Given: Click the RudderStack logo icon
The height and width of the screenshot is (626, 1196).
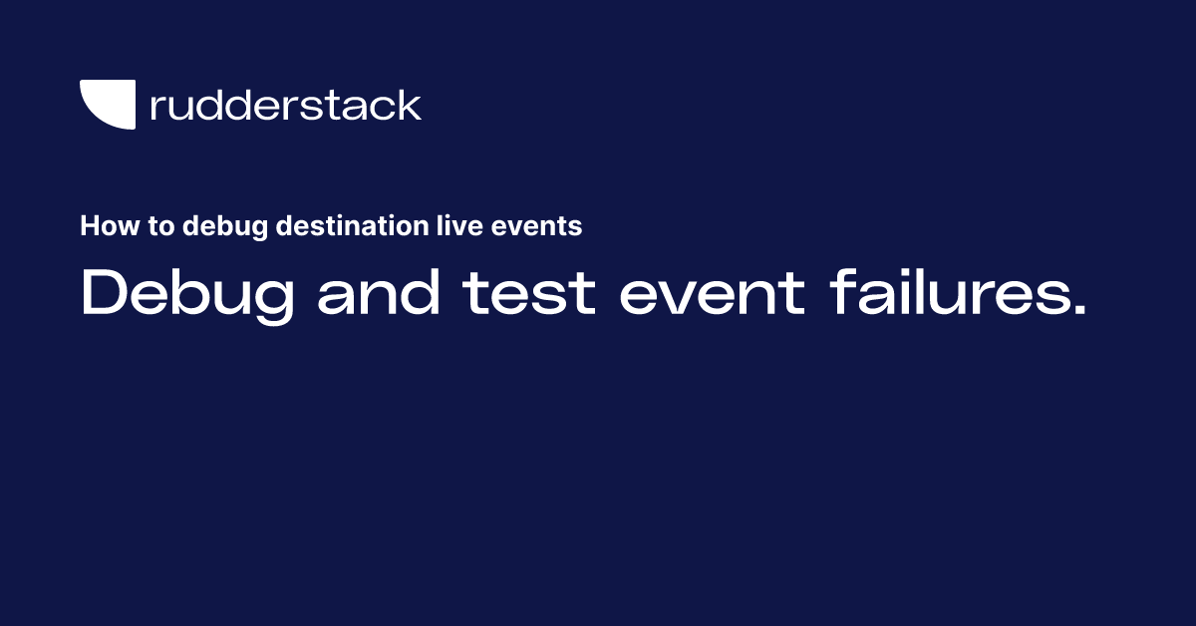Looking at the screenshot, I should pyautogui.click(x=108, y=104).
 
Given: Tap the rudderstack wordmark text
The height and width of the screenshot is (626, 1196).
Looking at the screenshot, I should pyautogui.click(x=285, y=106).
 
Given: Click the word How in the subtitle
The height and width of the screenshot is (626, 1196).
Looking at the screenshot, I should pyautogui.click(x=103, y=226).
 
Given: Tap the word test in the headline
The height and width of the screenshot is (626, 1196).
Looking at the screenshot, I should pyautogui.click(x=529, y=293).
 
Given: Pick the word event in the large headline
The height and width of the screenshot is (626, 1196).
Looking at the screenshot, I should pyautogui.click(x=711, y=293).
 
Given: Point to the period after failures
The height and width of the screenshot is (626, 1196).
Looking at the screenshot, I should pyautogui.click(x=1076, y=312).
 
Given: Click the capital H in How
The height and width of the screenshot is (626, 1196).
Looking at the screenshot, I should pyautogui.click(x=90, y=226).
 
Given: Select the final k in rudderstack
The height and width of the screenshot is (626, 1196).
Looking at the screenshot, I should pyautogui.click(x=411, y=106).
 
